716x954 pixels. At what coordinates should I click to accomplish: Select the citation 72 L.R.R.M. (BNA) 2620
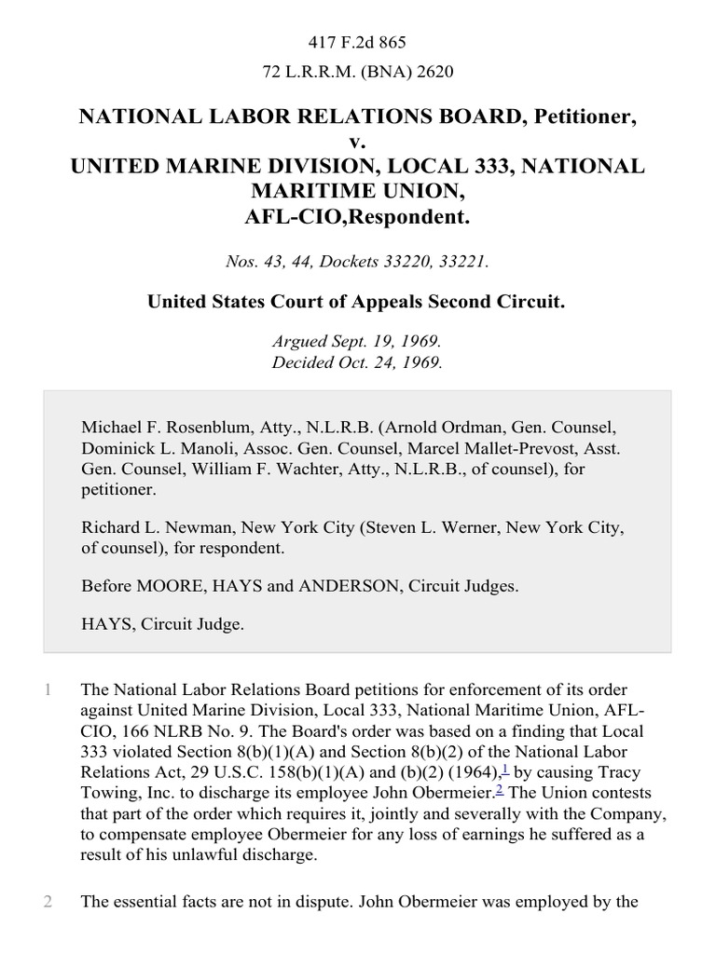[357, 69]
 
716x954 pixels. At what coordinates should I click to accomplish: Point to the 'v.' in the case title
[357, 141]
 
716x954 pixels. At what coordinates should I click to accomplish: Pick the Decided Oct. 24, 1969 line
[357, 363]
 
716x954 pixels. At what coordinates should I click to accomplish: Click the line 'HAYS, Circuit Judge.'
[162, 625]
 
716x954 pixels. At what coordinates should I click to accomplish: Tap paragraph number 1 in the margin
[48, 690]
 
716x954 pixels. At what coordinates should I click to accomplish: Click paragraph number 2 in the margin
[48, 901]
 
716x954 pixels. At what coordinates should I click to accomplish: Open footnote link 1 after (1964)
[504, 768]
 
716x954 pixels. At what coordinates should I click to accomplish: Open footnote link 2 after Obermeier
[500, 788]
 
